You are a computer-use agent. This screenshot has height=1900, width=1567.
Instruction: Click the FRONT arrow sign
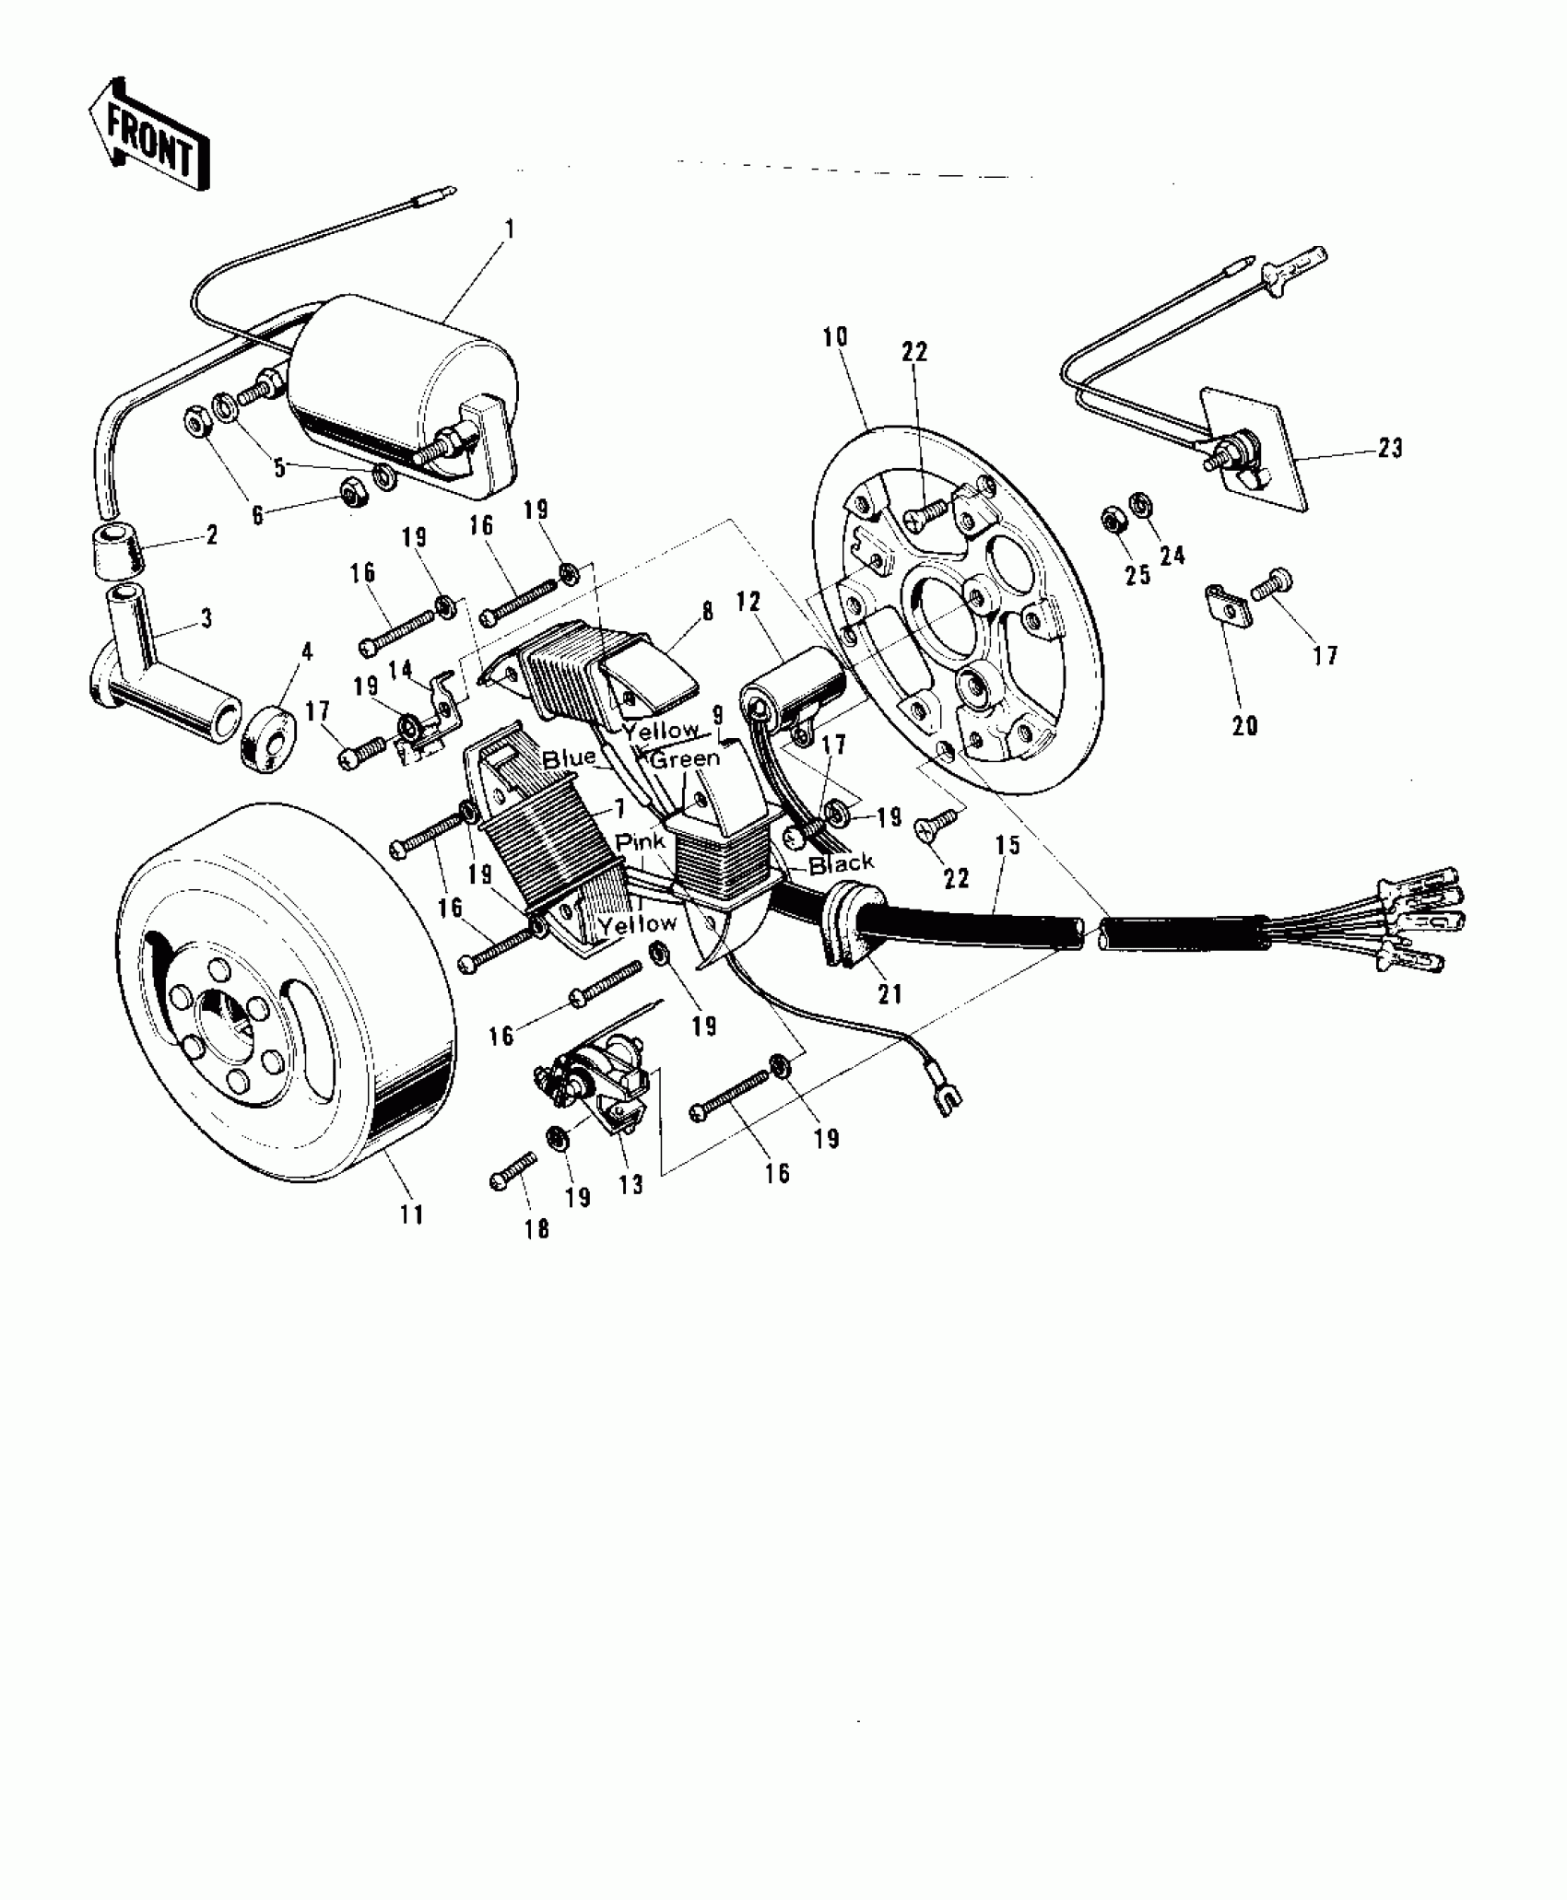point(149,135)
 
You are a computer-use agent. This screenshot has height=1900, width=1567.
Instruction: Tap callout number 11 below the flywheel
point(412,1214)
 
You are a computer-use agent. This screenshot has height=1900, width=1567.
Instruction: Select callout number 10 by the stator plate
point(835,338)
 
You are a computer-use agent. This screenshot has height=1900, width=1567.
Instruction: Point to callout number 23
point(1390,449)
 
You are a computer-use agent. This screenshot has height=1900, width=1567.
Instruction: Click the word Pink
point(641,841)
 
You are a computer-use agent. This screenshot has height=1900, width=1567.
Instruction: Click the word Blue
point(569,759)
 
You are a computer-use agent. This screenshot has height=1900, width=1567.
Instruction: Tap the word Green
point(685,759)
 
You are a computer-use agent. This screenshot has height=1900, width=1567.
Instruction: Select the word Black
point(841,863)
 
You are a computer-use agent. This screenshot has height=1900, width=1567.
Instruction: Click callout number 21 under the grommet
point(890,994)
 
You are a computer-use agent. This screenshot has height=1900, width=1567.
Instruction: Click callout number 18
point(536,1228)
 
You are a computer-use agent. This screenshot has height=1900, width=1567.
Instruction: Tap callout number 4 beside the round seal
point(307,652)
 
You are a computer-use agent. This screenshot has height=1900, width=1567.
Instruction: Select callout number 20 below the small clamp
point(1244,726)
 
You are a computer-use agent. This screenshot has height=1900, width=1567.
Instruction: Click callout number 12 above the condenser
point(748,603)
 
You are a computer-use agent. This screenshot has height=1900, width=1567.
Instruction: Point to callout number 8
point(708,613)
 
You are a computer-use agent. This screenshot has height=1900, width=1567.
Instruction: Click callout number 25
point(1137,575)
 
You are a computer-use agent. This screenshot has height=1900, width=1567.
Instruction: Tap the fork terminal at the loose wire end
point(947,1099)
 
